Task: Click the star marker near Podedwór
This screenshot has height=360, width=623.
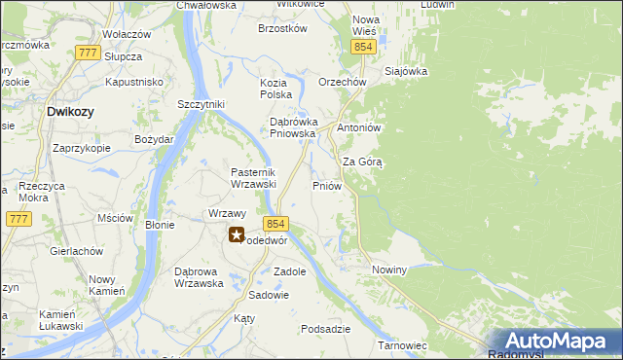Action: [x=237, y=234]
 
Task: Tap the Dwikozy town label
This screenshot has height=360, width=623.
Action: [x=70, y=112]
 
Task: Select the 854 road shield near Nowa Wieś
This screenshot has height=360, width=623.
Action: [x=364, y=47]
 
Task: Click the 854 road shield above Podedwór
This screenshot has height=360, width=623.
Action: [x=275, y=223]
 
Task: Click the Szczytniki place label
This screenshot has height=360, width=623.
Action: [x=202, y=104]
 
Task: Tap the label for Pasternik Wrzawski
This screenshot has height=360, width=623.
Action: [x=254, y=178]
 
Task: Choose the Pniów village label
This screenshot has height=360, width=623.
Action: [x=325, y=185]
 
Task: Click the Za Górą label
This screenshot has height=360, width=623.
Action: [x=362, y=162]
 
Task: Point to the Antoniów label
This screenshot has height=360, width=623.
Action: [x=357, y=127]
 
